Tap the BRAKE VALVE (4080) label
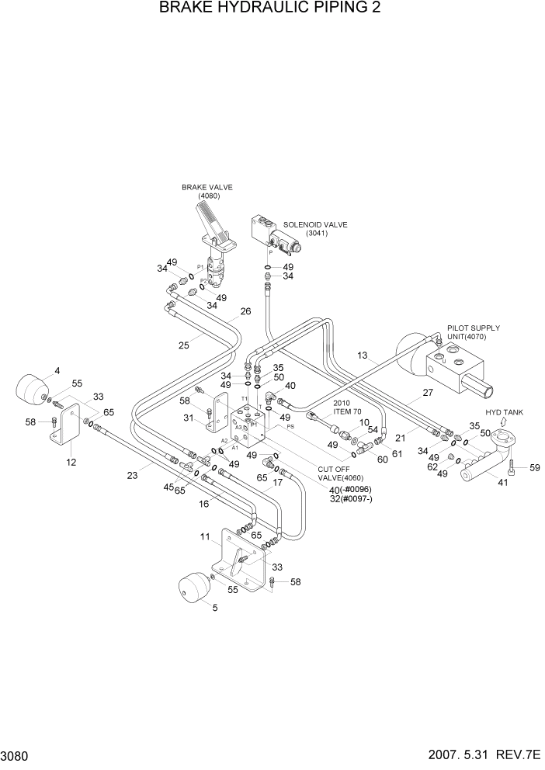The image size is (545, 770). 207,191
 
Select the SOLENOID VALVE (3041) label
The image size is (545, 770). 316,228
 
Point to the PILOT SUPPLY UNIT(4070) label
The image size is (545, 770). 473,333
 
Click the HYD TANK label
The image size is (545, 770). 504,412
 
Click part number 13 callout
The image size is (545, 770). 362,355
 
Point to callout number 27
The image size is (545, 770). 427,393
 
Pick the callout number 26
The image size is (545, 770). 245,311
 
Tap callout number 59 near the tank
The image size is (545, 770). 533,467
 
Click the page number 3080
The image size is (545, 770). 16,756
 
